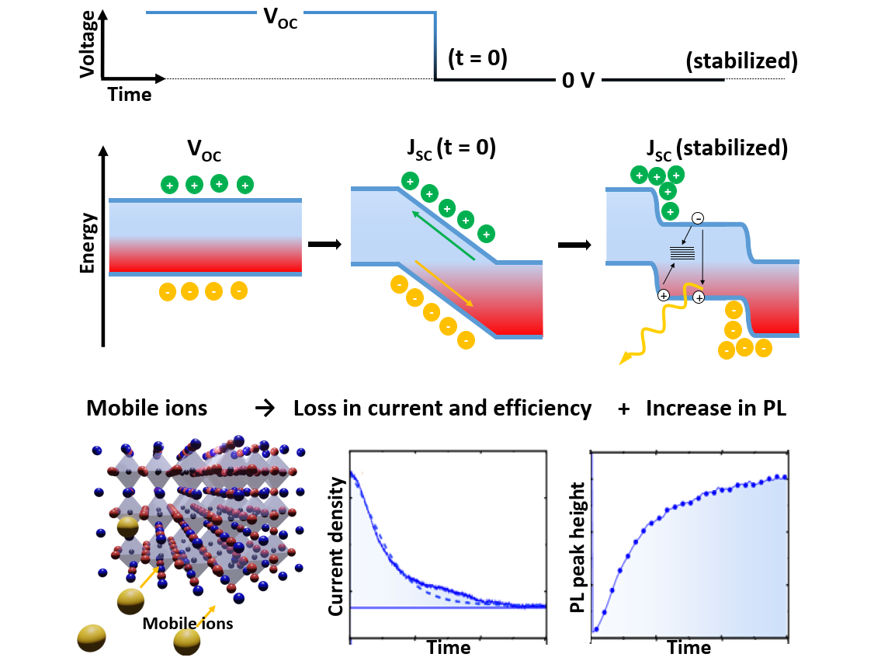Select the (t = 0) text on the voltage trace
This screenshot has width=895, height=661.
pyautogui.click(x=478, y=57)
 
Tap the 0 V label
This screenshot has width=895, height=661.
pyautogui.click(x=578, y=81)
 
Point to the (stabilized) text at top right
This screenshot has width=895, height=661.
pyautogui.click(x=741, y=61)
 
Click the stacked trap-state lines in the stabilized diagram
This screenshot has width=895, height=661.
pyautogui.click(x=682, y=252)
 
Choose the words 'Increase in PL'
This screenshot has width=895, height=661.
pyautogui.click(x=716, y=409)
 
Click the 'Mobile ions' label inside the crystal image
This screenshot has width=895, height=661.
pyautogui.click(x=188, y=622)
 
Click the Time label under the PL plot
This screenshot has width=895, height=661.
pyautogui.click(x=689, y=647)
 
